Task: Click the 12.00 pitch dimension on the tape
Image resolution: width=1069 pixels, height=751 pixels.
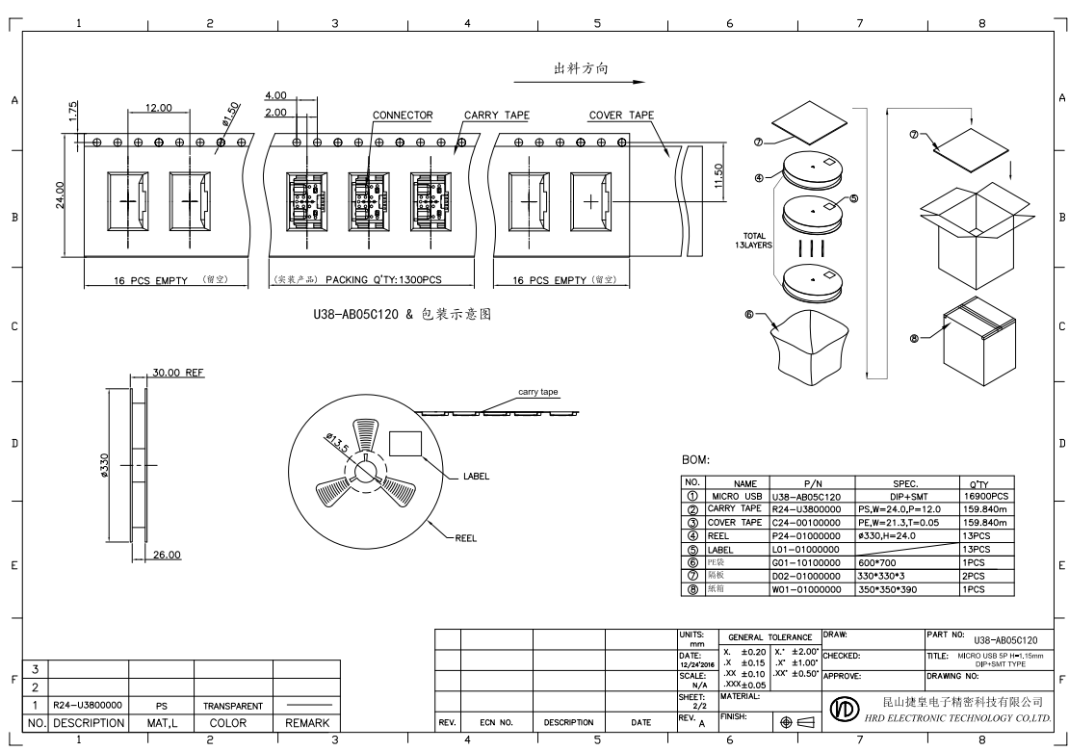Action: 159,108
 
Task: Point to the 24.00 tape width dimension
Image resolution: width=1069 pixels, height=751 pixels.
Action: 61,195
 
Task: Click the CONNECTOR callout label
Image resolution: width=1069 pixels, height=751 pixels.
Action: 403,116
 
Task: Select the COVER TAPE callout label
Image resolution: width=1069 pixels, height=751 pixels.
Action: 621,116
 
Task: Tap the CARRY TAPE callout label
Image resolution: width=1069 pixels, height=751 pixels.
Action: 497,116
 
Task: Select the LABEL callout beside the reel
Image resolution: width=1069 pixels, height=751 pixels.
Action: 477,476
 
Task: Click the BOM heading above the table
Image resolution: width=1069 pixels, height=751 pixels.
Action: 695,460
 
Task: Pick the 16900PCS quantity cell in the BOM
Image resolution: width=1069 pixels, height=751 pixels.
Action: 985,496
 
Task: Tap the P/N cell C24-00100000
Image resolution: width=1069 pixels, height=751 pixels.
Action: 807,522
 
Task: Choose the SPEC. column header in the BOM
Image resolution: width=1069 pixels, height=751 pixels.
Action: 905,483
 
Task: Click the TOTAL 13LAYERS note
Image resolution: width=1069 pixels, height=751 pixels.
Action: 754,240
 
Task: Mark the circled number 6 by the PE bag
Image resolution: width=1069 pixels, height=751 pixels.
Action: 748,313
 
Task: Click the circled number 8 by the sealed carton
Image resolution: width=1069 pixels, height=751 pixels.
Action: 913,338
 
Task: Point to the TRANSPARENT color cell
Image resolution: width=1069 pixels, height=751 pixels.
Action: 232,706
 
